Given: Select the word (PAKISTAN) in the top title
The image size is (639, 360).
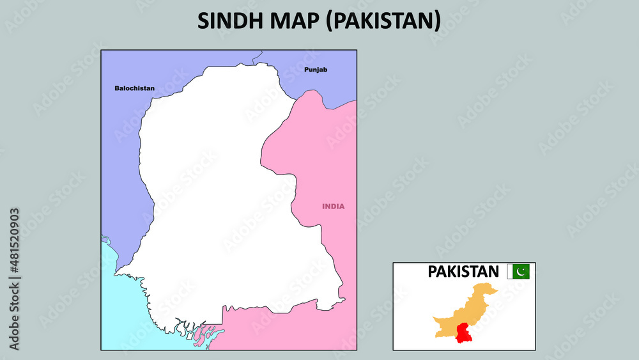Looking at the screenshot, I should click(383, 20).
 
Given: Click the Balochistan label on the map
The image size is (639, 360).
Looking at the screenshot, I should click(134, 88).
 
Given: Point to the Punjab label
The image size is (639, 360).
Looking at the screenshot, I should click(316, 69).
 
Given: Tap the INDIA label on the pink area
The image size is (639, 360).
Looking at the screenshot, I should click(333, 206).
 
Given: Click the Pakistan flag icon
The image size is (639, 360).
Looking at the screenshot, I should click(518, 272).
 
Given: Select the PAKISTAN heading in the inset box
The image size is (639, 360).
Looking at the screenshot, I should click(463, 272).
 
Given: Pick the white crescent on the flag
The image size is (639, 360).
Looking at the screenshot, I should click(521, 272).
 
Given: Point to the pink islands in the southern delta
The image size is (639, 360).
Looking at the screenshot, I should click(208, 333).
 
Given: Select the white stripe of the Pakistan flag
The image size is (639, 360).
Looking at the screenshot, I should click(510, 272).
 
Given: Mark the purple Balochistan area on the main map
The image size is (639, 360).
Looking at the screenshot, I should click(121, 160).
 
